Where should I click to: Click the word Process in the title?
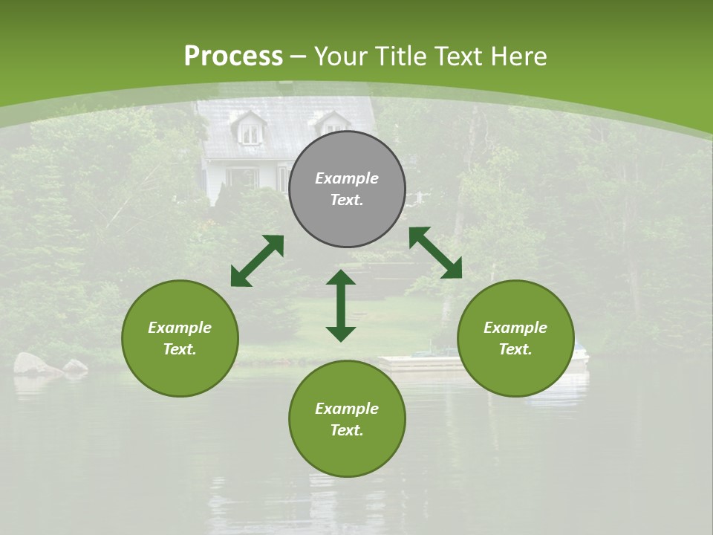point(233,56)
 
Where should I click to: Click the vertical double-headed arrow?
point(341,305)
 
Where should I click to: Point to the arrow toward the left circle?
point(257,260)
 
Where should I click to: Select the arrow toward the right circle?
point(435,253)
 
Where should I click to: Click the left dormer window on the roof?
point(250,132)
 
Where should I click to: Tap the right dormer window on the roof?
point(333,124)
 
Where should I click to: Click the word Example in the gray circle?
point(347,178)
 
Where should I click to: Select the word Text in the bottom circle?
point(347,430)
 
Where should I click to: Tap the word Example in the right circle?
point(515,328)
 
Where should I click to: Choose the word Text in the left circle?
point(180,349)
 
